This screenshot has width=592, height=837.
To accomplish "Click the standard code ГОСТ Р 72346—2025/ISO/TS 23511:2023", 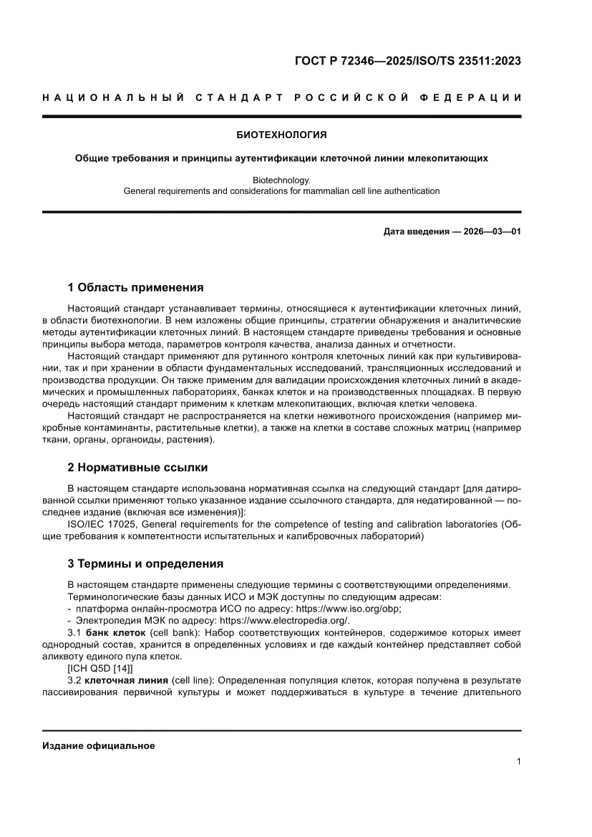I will [x=407, y=61].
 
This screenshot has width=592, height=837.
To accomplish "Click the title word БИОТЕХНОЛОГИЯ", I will [x=281, y=134].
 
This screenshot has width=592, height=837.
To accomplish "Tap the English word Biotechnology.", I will [x=281, y=180].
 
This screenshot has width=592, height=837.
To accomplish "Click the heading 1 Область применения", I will [x=135, y=288].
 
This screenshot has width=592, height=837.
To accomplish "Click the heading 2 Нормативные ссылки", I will [x=137, y=468].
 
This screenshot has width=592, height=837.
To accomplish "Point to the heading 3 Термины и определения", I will [x=145, y=563].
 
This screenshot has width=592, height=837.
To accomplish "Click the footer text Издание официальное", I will [x=99, y=745].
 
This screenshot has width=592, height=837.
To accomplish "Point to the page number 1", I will [x=518, y=761].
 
